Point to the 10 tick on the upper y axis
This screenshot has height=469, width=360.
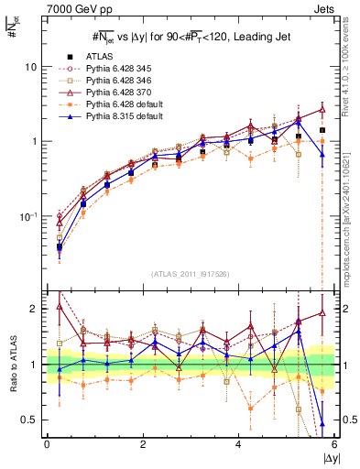point(31,68)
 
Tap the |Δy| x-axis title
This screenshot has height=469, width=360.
point(329,458)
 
